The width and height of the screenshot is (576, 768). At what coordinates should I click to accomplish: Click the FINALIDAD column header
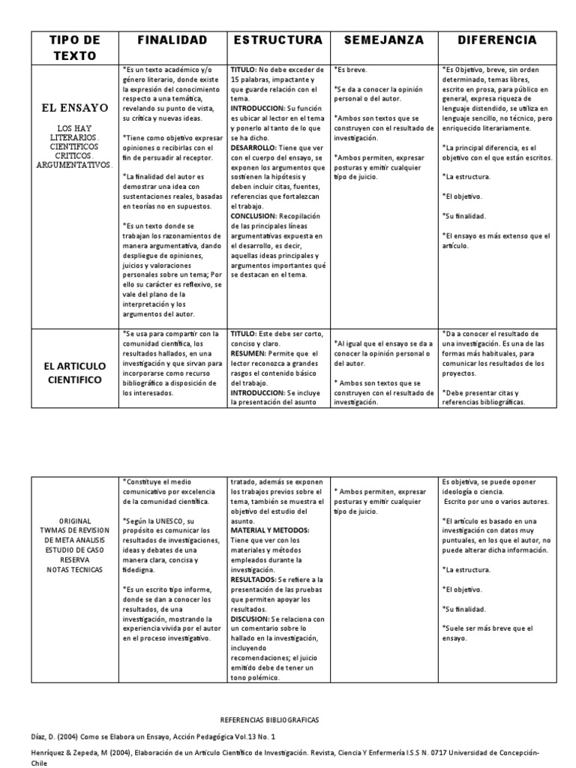tap(172, 39)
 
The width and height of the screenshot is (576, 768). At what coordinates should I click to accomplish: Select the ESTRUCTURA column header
tap(278, 39)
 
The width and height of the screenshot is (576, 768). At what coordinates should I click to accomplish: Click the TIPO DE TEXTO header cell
tap(73, 46)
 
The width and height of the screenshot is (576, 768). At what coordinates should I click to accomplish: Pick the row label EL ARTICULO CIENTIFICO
tap(73, 373)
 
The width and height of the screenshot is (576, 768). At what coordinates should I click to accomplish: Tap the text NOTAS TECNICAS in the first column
tap(73, 569)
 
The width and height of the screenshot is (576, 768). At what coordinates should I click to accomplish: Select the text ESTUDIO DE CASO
tap(73, 549)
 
